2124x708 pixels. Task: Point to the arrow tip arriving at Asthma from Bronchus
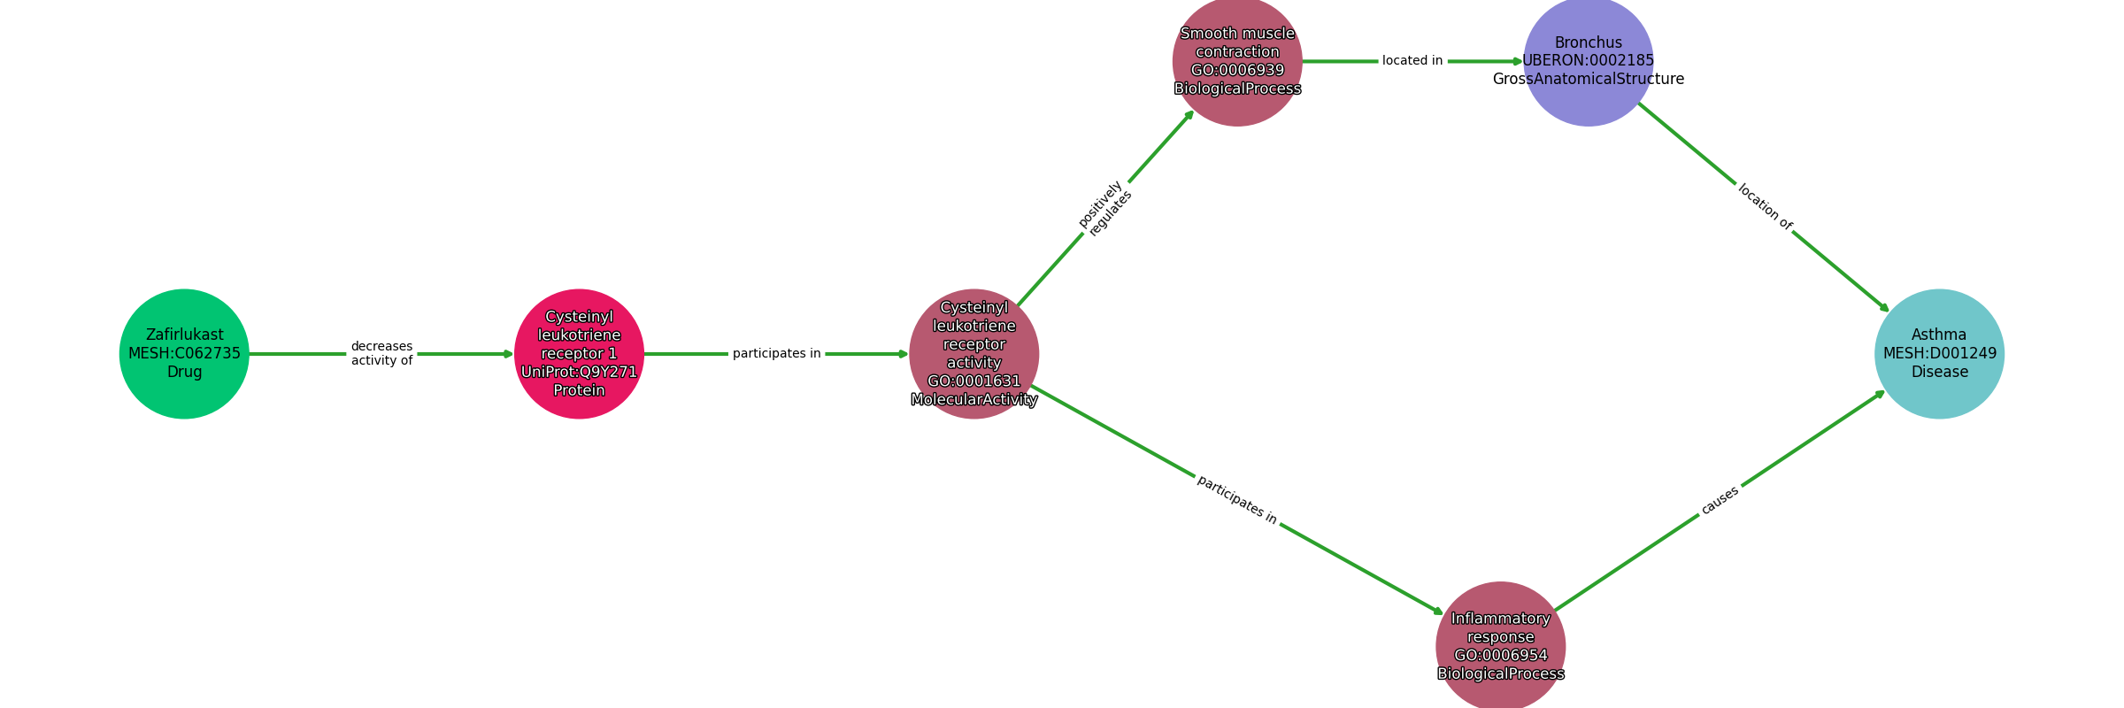click(x=1889, y=312)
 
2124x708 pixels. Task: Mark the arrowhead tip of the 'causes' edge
click(x=1885, y=390)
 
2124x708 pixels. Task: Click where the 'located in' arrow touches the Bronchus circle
click(x=1524, y=61)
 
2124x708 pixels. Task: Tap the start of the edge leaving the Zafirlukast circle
click(x=250, y=354)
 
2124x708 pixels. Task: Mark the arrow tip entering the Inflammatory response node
click(x=1444, y=614)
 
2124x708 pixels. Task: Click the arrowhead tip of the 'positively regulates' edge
click(x=1194, y=110)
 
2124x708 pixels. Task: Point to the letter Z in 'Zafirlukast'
click(x=150, y=335)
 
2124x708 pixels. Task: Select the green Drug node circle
click(x=184, y=354)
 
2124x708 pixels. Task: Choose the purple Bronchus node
click(x=1589, y=61)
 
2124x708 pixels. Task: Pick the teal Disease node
click(x=1939, y=354)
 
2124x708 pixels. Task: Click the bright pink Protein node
click(x=579, y=354)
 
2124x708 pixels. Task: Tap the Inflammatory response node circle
click(x=1500, y=646)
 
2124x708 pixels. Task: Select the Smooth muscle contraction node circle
click(x=1237, y=61)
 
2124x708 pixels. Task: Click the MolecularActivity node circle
click(x=973, y=354)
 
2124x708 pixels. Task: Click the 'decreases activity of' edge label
click(x=381, y=353)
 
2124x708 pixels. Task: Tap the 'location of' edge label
click(x=1765, y=207)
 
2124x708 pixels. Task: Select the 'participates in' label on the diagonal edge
click(x=1236, y=500)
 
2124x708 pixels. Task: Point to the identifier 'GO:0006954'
click(x=1500, y=656)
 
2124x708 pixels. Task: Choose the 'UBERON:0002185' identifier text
click(x=1589, y=61)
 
